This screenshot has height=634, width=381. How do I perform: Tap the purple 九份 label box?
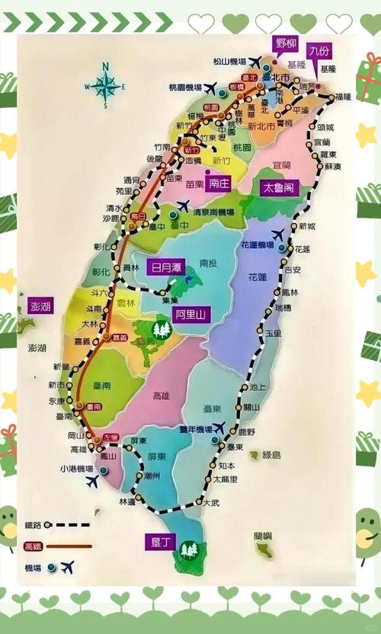click(x=320, y=52)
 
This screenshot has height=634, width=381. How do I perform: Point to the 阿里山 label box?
click(x=192, y=313)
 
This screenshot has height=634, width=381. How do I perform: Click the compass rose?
click(x=105, y=85)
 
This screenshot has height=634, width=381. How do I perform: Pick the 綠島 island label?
click(x=271, y=455)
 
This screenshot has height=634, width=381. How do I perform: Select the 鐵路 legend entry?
click(x=34, y=524)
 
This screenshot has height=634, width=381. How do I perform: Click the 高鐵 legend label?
click(x=34, y=546)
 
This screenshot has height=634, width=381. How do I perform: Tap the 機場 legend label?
click(x=34, y=567)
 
